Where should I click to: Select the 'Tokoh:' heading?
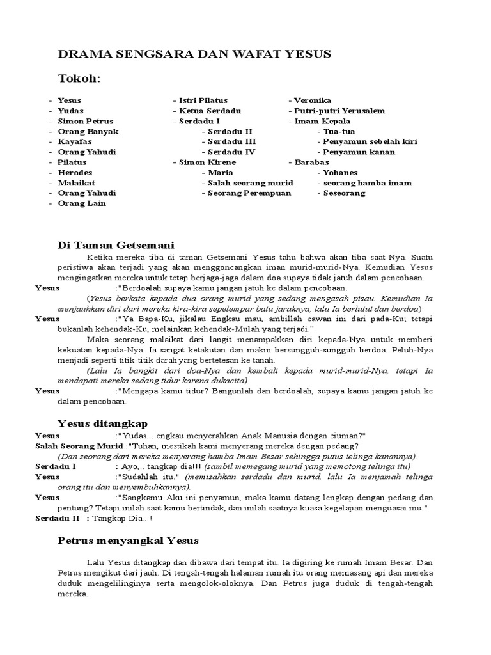point(80,78)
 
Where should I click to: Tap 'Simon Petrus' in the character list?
point(85,121)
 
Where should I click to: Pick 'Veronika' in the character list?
point(313,100)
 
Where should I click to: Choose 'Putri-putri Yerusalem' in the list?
point(339,111)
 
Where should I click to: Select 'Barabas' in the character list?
point(311,162)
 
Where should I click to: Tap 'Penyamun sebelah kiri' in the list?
point(370,141)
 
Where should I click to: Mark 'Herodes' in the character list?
point(75,173)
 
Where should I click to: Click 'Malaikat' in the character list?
point(77,183)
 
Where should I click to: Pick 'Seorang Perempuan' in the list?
point(249,193)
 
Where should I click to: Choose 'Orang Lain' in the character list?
point(82,203)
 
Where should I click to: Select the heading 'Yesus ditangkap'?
point(102,423)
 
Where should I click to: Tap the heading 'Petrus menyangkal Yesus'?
point(129,540)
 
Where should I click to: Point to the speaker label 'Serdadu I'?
point(56,466)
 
